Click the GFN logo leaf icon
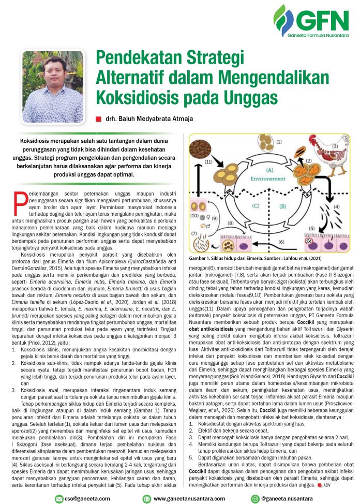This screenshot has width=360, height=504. click(283, 20)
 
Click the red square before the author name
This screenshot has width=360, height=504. click(98, 119)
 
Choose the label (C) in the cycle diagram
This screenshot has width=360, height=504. click(255, 205)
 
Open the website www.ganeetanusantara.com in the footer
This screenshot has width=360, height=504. click(188, 498)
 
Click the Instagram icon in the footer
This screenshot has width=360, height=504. click(254, 498)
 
